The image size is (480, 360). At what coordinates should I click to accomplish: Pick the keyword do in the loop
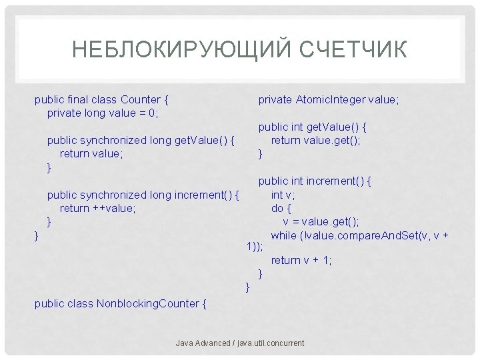point(277,208)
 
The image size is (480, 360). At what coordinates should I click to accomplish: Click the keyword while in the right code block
point(284,235)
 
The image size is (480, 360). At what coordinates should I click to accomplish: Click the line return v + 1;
point(301,261)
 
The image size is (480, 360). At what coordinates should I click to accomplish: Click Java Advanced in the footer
point(201,343)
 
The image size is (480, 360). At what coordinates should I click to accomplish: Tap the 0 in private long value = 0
point(151,113)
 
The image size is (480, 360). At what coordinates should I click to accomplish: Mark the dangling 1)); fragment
point(254,247)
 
